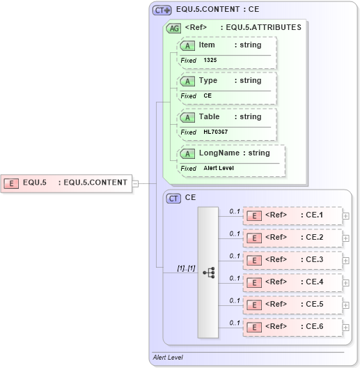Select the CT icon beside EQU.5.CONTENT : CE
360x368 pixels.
(162, 10)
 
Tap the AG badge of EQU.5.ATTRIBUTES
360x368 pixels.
(173, 28)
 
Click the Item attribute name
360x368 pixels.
(207, 45)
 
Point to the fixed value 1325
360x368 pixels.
(210, 61)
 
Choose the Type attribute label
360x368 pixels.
(208, 81)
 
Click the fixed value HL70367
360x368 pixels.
(215, 132)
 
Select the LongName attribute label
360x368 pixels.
(219, 153)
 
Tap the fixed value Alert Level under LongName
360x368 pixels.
(219, 169)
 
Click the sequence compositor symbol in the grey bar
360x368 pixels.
(208, 273)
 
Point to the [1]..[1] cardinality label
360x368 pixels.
(185, 268)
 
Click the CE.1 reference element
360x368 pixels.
(292, 215)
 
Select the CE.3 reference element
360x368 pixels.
(292, 260)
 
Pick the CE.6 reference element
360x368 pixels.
(292, 327)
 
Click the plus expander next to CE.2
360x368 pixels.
(346, 238)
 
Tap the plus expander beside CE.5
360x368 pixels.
(346, 305)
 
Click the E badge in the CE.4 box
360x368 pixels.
(256, 282)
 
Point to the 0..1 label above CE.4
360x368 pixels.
(235, 278)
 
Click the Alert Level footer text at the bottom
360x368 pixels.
(168, 358)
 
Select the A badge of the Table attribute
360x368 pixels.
(187, 117)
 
